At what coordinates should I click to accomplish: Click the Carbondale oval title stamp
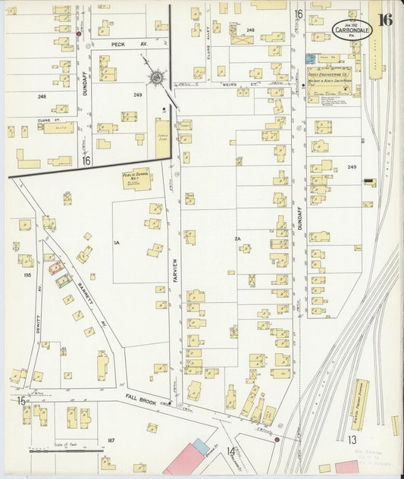[x=351, y=30]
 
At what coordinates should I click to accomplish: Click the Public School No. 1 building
[x=136, y=179]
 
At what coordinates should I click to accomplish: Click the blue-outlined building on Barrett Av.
[x=64, y=280]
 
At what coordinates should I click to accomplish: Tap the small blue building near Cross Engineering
[x=309, y=58]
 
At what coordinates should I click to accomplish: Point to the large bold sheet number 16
[x=386, y=19]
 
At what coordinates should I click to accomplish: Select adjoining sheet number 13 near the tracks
[x=352, y=440]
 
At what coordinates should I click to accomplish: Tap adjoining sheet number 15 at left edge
[x=23, y=400]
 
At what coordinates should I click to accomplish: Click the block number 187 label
[x=111, y=440]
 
